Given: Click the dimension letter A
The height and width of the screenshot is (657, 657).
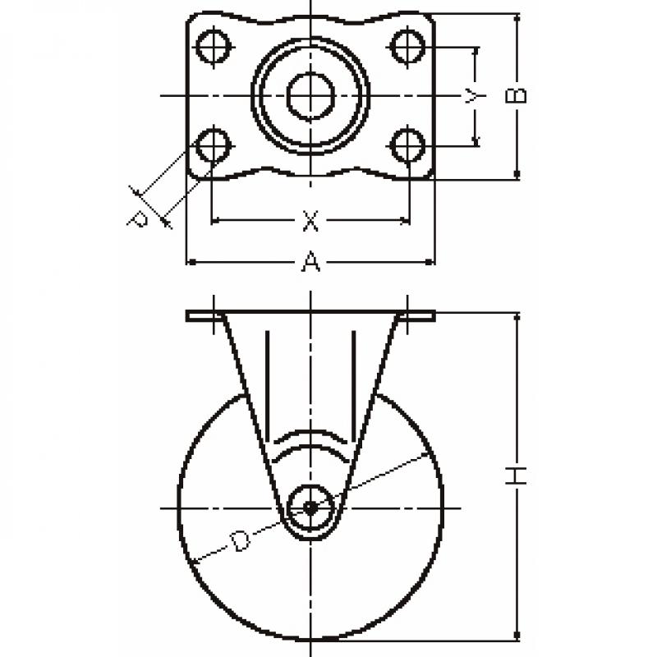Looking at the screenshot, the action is [311, 261].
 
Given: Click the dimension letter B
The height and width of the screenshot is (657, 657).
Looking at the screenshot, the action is [517, 95].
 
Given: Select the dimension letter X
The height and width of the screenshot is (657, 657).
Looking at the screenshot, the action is [310, 221].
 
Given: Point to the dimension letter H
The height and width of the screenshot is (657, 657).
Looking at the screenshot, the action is [517, 476].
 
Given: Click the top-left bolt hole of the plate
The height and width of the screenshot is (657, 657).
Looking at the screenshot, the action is [214, 46].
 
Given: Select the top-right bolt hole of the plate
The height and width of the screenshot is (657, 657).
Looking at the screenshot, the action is [407, 46].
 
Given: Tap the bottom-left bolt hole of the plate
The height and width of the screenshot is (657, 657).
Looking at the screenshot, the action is [214, 146].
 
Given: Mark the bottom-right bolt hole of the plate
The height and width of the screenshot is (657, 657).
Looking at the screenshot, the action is [407, 146].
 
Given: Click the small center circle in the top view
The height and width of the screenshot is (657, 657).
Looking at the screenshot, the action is [310, 96].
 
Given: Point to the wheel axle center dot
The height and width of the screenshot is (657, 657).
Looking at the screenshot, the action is [310, 508].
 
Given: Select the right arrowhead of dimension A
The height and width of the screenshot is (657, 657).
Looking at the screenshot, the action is [430, 262].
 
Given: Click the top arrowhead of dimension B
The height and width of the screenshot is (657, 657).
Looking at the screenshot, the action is [517, 19].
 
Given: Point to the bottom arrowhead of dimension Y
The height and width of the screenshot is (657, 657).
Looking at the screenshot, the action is [476, 140].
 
